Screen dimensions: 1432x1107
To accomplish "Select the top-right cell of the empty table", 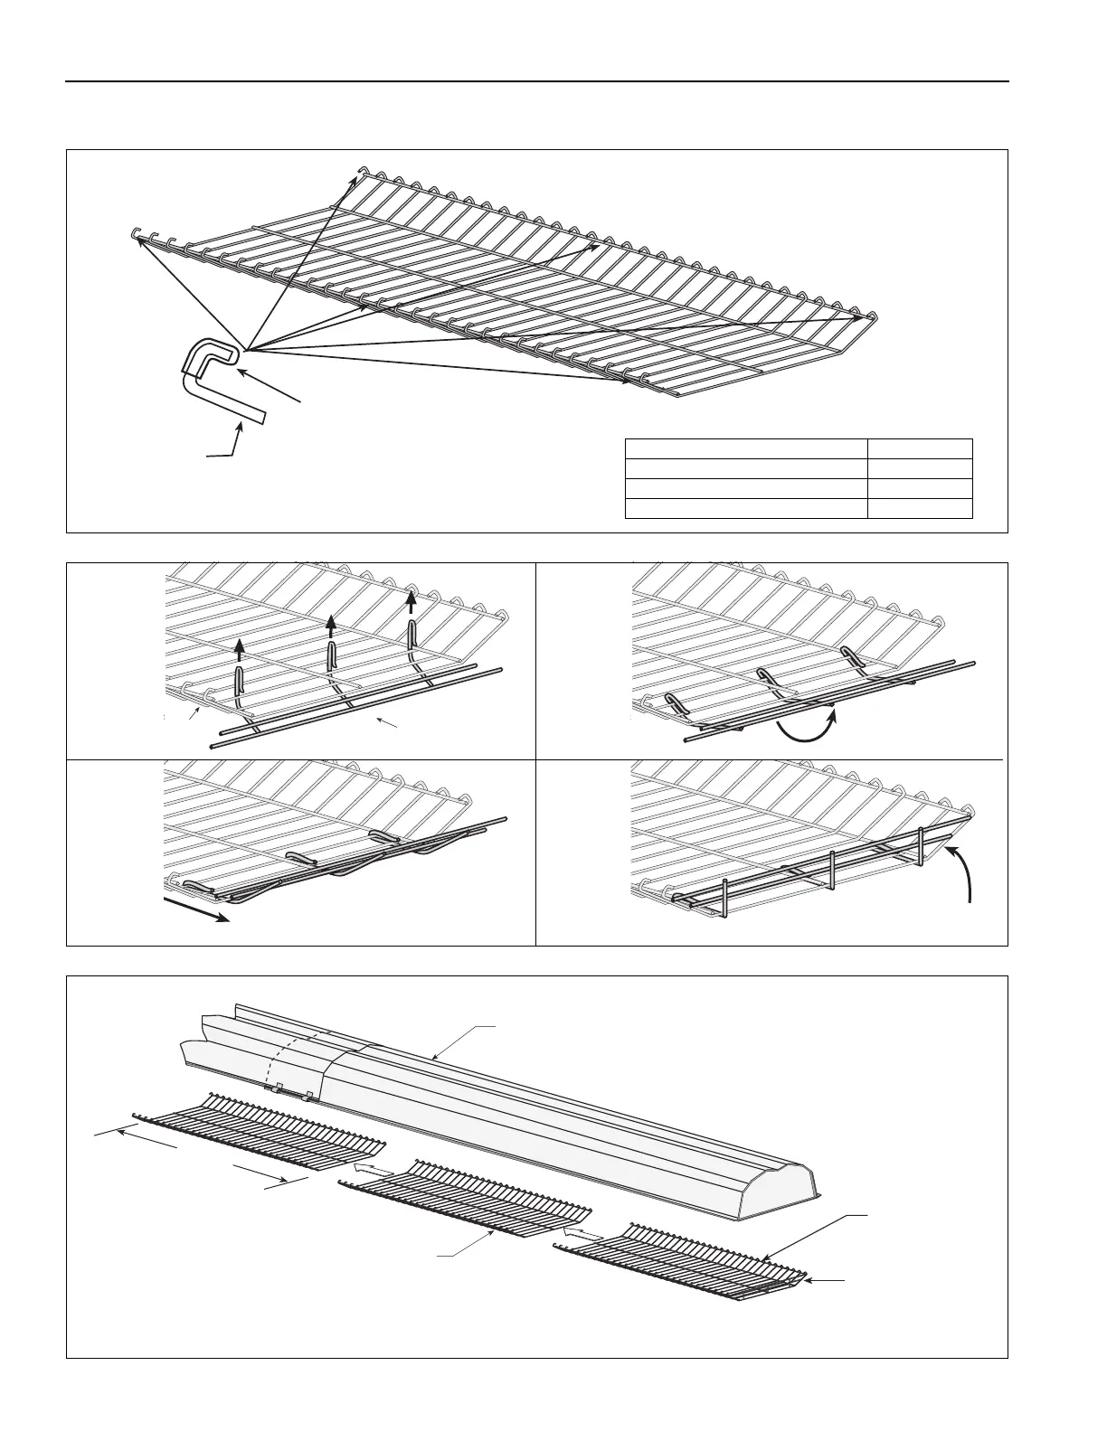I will tap(919, 448).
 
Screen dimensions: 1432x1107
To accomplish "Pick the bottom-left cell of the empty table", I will tap(746, 508).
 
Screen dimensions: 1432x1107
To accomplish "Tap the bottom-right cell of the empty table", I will tap(919, 508).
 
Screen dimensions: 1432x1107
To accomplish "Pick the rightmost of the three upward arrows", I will tap(412, 602).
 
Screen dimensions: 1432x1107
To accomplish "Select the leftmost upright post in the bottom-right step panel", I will tap(725, 897).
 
